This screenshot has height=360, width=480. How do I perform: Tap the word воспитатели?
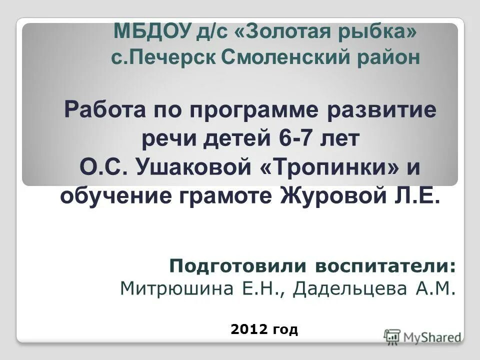click(x=385, y=266)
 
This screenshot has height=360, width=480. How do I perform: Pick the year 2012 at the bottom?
click(x=249, y=329)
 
